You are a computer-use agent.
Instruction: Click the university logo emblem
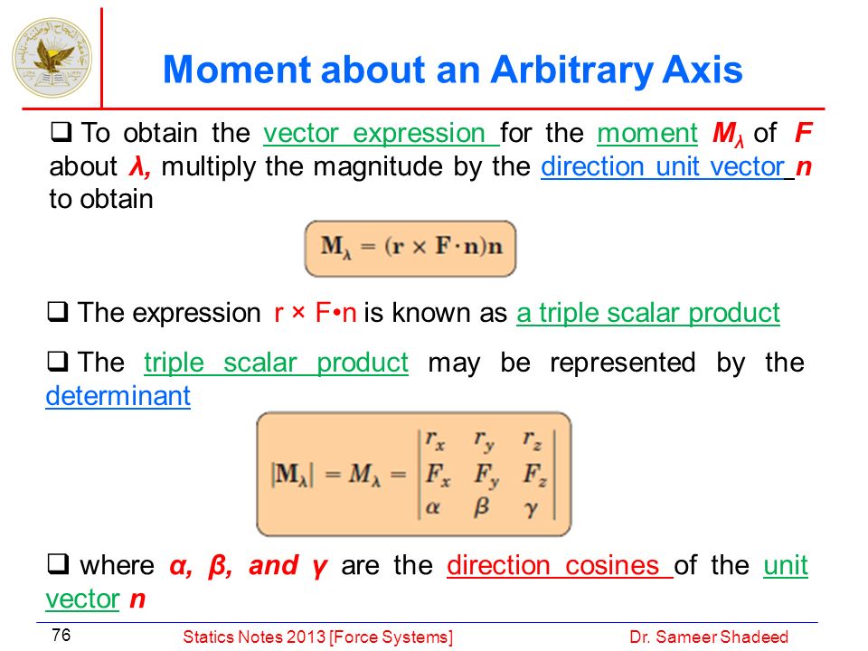[x=52, y=58]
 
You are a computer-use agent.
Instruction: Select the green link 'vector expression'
[x=381, y=134]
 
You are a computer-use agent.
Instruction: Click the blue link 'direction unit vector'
[x=663, y=166]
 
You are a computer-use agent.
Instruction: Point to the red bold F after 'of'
[x=803, y=133]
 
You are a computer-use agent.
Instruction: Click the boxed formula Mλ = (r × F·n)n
[x=410, y=249]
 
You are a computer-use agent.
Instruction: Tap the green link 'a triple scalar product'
[x=648, y=313]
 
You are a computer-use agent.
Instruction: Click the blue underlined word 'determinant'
[x=118, y=396]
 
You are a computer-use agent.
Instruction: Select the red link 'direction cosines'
[x=559, y=565]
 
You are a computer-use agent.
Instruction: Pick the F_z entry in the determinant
[x=535, y=476]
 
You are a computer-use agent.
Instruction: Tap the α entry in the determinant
[x=433, y=507]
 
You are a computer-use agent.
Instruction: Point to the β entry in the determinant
[x=482, y=506]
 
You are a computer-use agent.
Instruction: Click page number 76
[x=61, y=635]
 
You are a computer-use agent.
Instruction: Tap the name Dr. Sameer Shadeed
[x=709, y=637]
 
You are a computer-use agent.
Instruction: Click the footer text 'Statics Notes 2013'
[x=255, y=637]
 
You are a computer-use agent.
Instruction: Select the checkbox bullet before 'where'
[x=58, y=564]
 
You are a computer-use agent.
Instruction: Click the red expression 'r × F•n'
[x=315, y=313]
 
